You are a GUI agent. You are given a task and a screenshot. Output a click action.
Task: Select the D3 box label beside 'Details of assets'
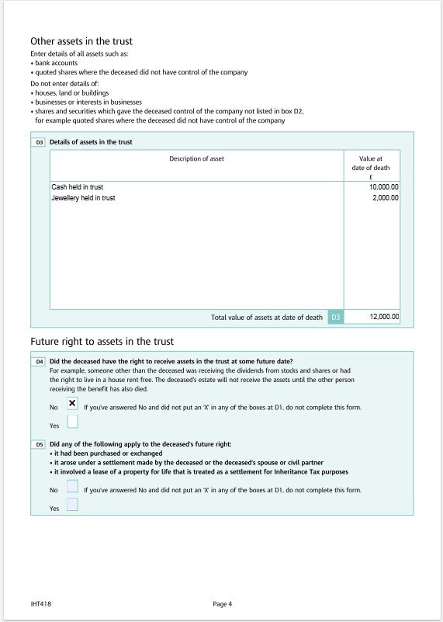click(x=39, y=142)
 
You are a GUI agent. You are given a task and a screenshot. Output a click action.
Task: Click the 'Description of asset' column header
click(x=196, y=158)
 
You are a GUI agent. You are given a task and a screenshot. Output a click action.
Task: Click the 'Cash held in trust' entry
click(x=77, y=187)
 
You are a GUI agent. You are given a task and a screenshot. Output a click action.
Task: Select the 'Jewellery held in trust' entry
click(x=83, y=198)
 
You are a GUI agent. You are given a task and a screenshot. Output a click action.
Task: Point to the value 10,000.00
click(x=383, y=187)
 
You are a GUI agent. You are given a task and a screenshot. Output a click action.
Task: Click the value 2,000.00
click(x=386, y=198)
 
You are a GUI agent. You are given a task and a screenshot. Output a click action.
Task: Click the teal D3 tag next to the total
click(x=335, y=317)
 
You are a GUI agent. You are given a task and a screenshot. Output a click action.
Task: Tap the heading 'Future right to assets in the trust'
click(x=102, y=342)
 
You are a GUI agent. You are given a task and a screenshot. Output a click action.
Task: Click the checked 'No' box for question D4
click(x=72, y=404)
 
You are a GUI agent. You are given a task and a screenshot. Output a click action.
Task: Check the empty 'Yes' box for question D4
click(x=72, y=422)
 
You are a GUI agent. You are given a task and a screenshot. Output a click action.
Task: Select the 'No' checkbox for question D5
click(x=72, y=487)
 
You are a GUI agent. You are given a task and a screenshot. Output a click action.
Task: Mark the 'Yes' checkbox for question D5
click(x=72, y=505)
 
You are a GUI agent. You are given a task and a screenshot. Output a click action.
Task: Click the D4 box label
click(x=39, y=362)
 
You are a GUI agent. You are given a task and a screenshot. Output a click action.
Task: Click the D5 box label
click(x=39, y=444)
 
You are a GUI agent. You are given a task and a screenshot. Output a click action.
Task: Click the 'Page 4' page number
click(x=222, y=603)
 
